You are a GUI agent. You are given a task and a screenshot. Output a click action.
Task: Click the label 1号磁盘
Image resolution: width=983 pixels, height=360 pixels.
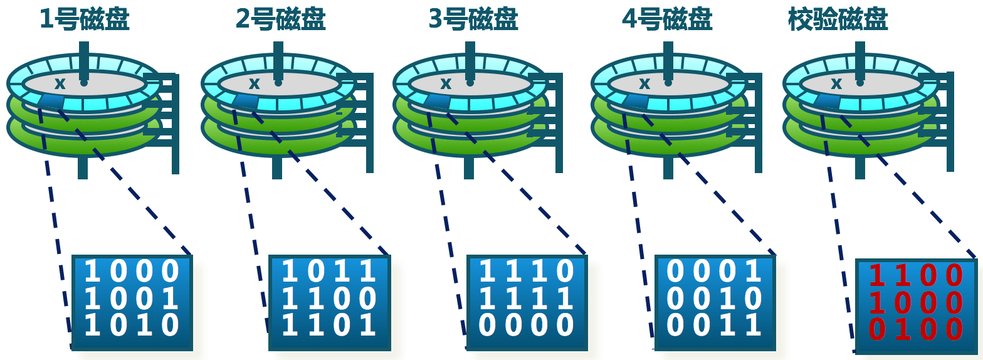85,19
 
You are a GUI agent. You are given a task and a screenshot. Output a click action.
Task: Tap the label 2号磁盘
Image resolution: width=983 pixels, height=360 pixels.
280,19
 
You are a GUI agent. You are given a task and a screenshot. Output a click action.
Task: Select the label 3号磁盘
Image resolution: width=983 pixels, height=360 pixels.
473,19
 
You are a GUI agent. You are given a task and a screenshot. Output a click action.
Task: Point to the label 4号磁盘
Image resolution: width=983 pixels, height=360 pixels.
666,19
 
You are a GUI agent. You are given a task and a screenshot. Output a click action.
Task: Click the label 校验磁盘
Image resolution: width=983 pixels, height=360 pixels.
838,19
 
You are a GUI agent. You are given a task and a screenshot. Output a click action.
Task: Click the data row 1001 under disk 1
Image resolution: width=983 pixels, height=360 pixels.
132,299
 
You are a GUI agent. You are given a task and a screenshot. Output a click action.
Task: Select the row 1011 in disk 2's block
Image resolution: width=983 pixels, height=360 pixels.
329,272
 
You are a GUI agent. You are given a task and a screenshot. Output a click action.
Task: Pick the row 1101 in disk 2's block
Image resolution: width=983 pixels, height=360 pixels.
329,326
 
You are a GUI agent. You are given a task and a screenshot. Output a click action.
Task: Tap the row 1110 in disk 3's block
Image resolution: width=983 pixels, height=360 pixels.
527,272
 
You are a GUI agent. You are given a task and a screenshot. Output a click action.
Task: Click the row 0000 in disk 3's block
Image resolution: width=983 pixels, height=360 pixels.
527,326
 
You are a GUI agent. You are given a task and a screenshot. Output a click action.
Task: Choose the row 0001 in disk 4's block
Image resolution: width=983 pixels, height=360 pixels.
715,272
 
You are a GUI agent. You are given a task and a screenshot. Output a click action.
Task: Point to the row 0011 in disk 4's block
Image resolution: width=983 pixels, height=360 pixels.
715,326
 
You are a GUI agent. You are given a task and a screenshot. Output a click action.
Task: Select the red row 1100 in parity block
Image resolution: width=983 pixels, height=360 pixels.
916,276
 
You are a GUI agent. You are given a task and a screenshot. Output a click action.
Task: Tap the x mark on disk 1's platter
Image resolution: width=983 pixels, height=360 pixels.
60,83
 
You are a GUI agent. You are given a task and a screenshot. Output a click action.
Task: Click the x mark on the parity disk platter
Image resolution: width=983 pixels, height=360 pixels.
836,83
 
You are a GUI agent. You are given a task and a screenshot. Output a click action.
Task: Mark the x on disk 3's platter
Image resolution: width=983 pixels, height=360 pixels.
445,83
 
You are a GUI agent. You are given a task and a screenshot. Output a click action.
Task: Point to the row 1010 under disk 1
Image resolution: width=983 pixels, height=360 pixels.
132,326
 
